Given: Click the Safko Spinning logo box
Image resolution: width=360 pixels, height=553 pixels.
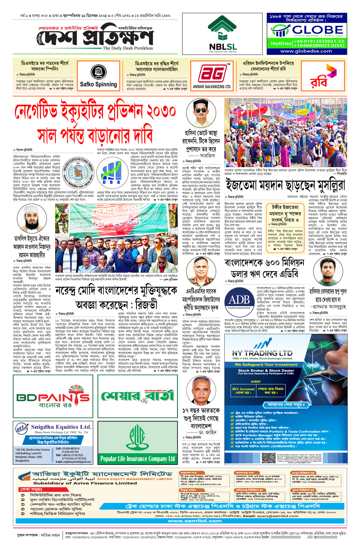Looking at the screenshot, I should (98, 76).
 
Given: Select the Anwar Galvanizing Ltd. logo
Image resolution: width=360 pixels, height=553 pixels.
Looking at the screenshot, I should (212, 76).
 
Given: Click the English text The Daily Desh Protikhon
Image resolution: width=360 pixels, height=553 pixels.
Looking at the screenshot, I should (127, 48).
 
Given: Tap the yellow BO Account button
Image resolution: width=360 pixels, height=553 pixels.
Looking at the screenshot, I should (243, 390).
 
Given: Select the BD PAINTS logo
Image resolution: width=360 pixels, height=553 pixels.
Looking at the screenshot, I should (53, 397).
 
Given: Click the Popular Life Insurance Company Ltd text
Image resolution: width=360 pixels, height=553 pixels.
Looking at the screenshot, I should (137, 458).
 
